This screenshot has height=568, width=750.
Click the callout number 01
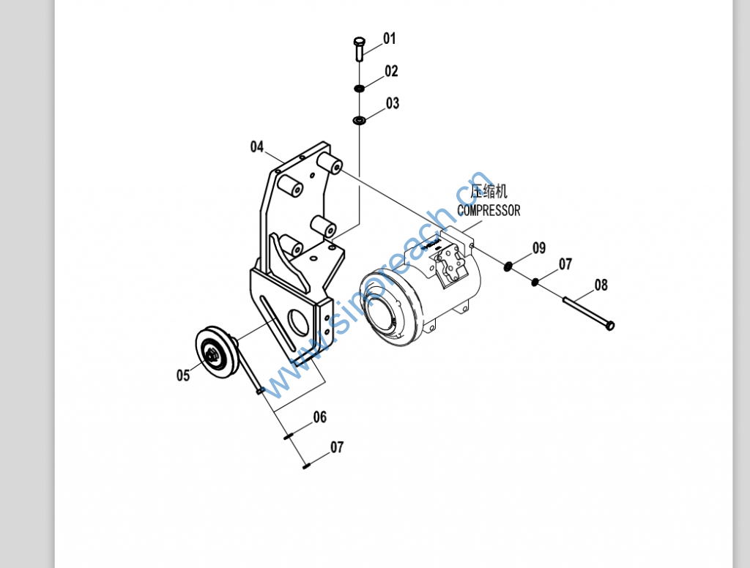tap(390, 39)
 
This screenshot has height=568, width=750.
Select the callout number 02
tap(391, 71)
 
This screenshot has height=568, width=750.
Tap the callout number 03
tap(393, 103)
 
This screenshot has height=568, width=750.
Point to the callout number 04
tap(257, 147)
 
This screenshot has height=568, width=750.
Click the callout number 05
tap(183, 375)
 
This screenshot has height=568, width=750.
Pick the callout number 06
tap(320, 417)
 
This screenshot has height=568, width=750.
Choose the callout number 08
tap(601, 285)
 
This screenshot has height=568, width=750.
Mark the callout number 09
tap(539, 248)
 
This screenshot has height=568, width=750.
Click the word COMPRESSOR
tap(489, 210)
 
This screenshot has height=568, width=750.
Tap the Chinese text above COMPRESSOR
tap(489, 191)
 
